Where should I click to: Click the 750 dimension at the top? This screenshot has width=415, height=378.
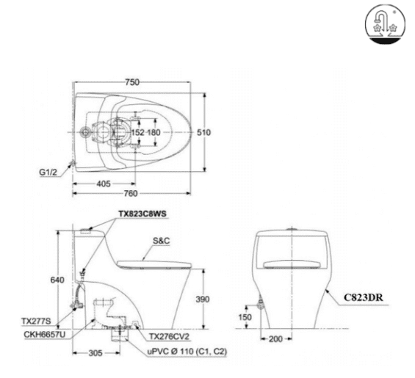(131, 83)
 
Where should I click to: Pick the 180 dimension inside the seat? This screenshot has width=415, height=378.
(154, 133)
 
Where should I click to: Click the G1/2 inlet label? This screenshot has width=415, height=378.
(49, 174)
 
